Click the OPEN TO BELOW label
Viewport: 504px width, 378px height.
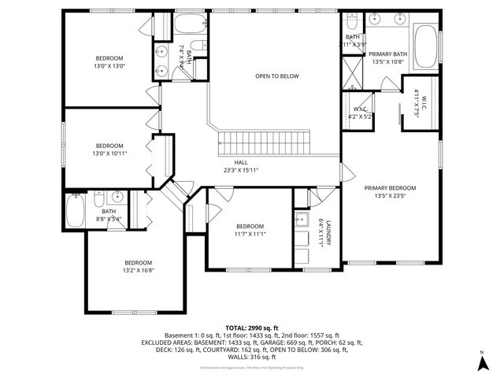(276, 76)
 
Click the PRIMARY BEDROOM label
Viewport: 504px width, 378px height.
(390, 191)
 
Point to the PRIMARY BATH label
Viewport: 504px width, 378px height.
(387, 57)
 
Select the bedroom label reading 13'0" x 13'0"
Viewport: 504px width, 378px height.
(109, 62)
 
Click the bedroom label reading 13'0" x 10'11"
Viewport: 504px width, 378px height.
(109, 149)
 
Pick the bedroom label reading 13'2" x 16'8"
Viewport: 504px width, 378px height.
(138, 266)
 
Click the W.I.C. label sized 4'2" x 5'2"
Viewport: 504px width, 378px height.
(360, 113)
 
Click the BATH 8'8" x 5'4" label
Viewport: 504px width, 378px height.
(109, 215)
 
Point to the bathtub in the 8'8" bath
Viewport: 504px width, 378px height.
(76, 210)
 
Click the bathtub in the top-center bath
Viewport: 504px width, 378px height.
(189, 25)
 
